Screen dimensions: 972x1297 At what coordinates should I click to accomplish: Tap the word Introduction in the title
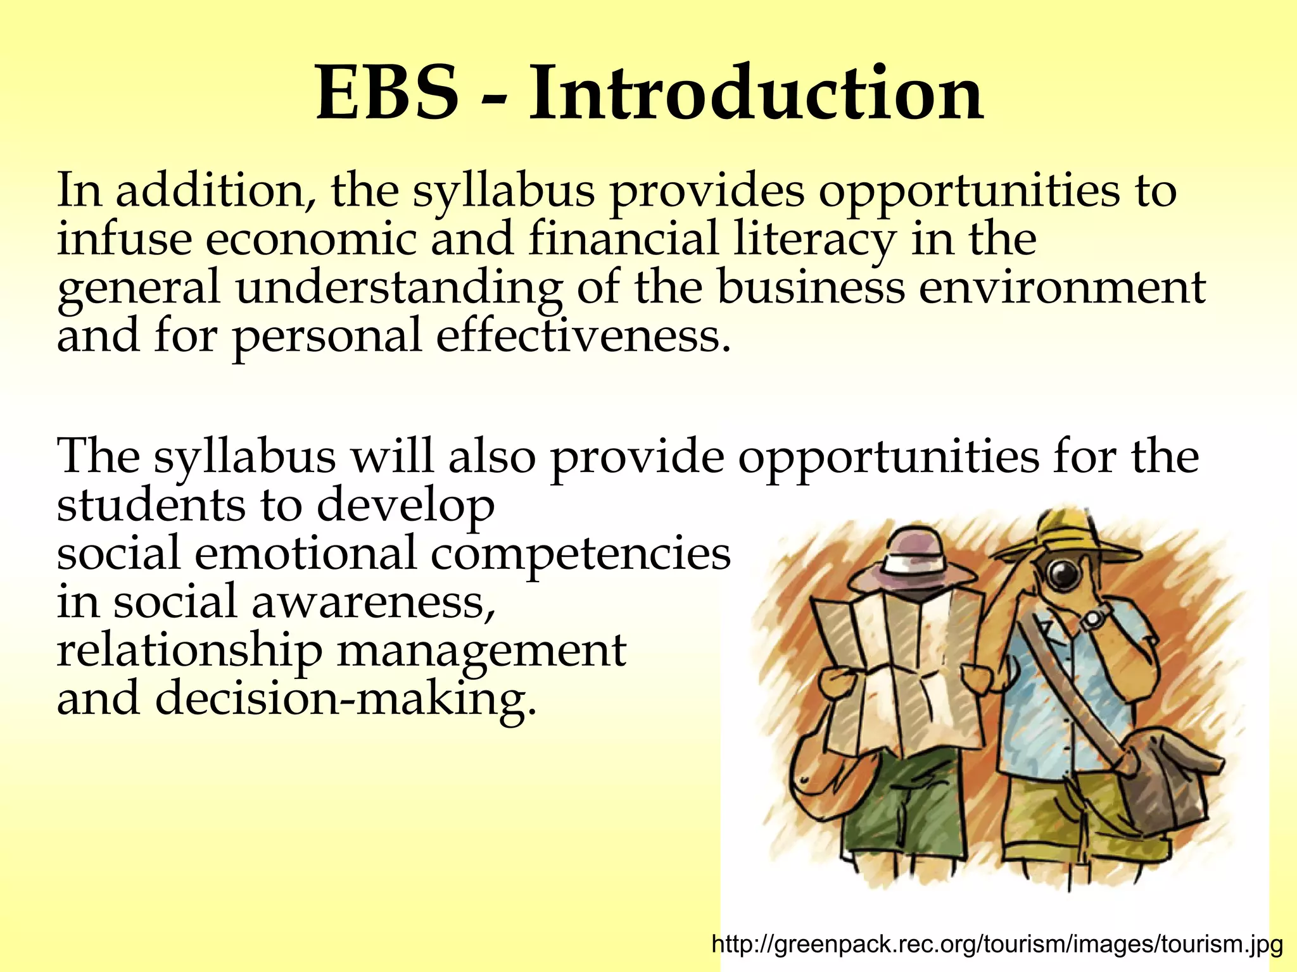[756, 94]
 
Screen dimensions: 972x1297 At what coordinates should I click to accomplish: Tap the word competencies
[581, 554]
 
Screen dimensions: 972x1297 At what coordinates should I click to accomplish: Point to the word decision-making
[341, 699]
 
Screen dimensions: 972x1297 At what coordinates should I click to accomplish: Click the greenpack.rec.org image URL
[997, 945]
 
